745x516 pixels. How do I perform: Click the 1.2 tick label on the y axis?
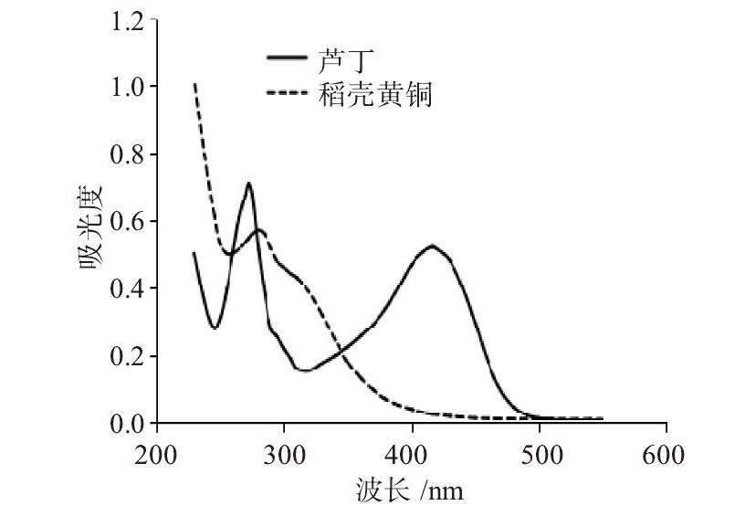pos(127,20)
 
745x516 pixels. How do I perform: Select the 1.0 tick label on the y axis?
pos(127,87)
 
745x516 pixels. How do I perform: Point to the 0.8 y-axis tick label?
pos(127,154)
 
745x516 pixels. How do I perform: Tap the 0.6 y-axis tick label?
pos(127,222)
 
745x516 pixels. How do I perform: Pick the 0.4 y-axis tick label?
pos(127,289)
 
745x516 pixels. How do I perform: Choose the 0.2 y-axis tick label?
pos(127,356)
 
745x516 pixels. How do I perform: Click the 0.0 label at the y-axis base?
pos(127,423)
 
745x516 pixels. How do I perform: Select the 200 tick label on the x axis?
pos(157,454)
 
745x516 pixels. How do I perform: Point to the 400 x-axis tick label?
pos(412,454)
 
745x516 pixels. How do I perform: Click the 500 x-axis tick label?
pos(539,454)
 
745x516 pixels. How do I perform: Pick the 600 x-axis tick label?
pos(666,454)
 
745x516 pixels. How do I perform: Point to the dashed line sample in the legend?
pos(288,93)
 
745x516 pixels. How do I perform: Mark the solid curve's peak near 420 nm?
pos(432,245)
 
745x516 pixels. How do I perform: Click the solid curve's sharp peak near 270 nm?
pos(247,184)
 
